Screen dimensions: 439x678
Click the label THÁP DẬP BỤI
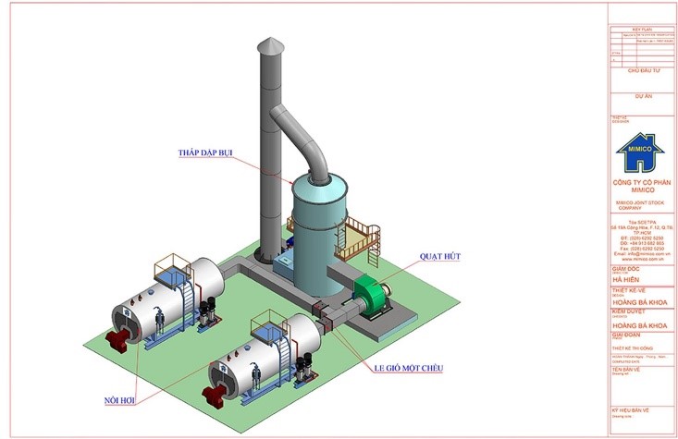pos(206,152)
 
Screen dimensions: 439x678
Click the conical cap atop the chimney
pos(268,47)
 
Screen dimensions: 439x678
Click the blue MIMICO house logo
pos(639,153)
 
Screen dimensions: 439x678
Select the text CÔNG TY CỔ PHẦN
pos(639,184)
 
